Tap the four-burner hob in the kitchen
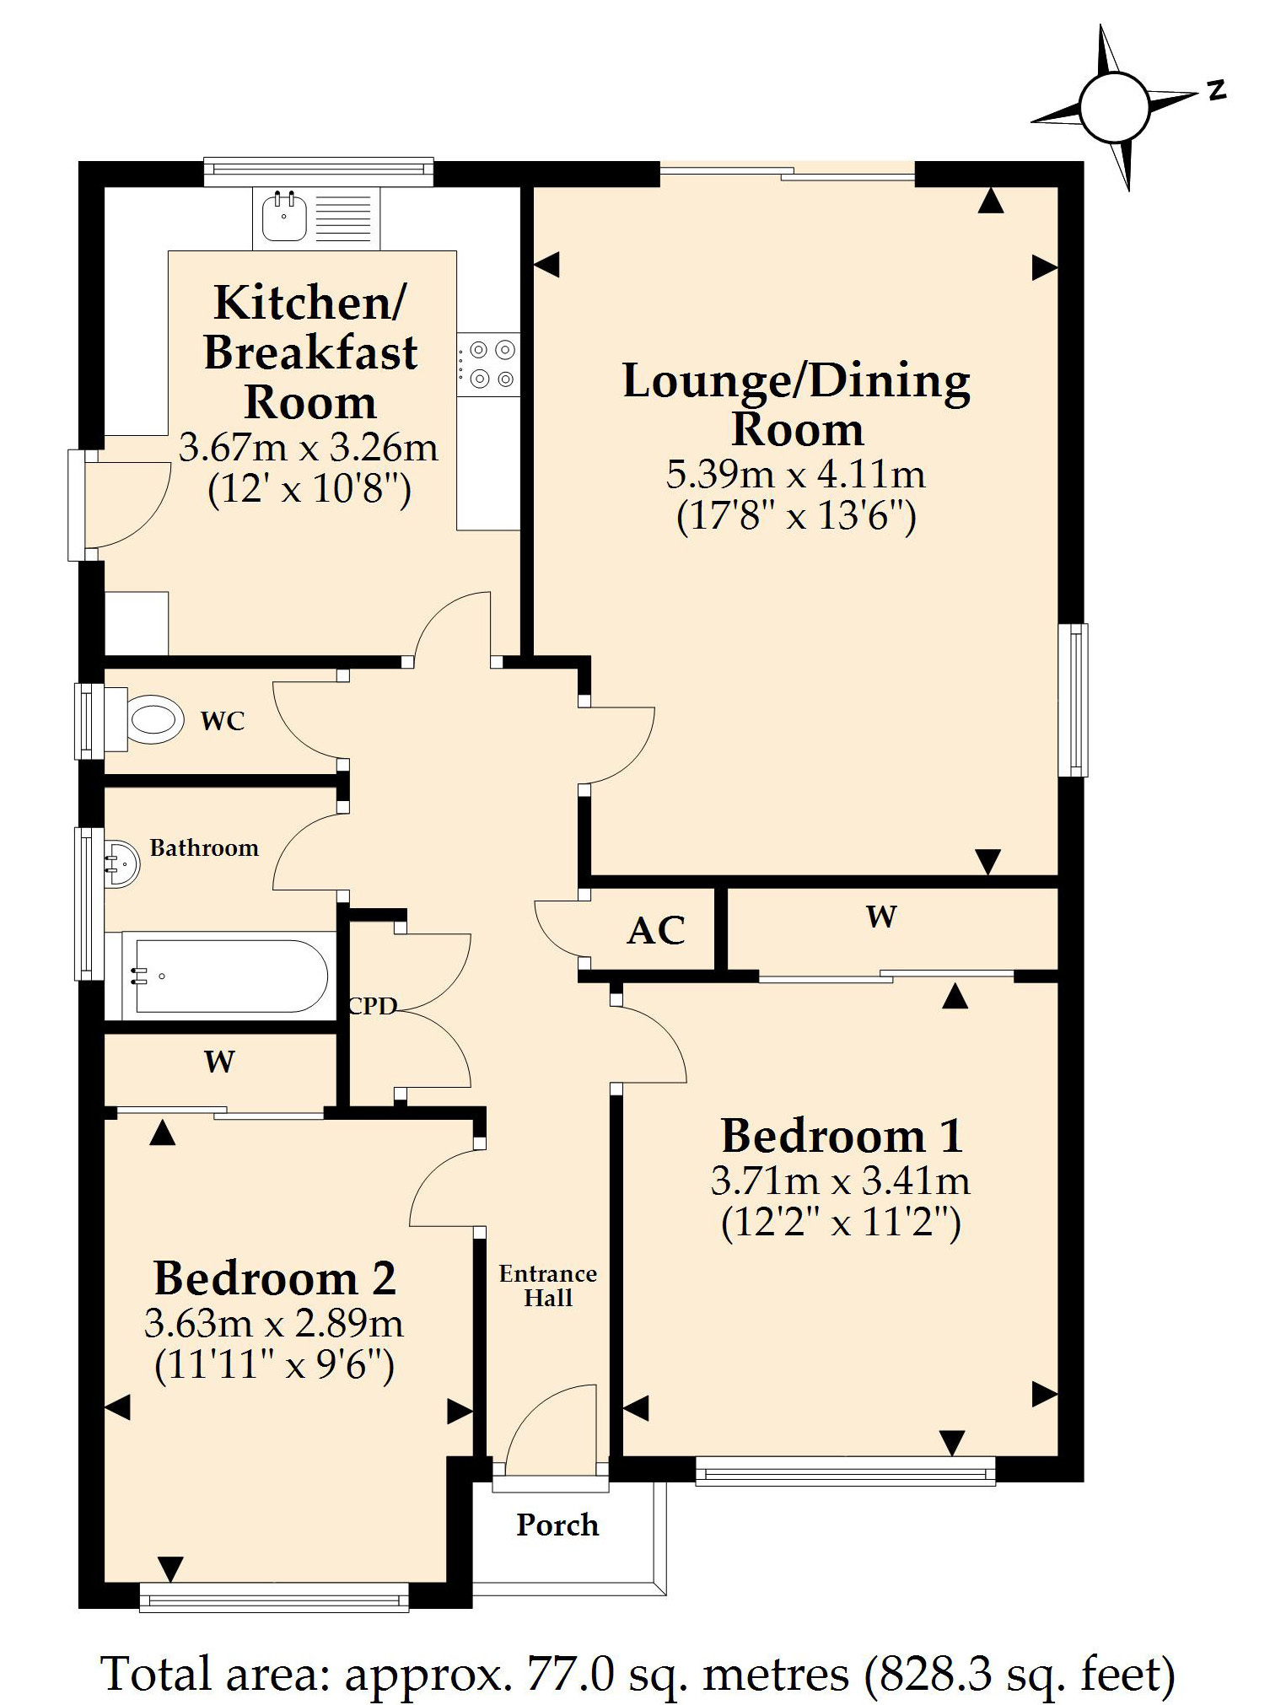click(489, 364)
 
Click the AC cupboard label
click(656, 931)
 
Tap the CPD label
click(372, 1006)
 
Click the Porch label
click(557, 1525)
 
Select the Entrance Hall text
click(548, 1286)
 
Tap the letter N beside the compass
click(1216, 89)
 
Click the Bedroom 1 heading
click(842, 1135)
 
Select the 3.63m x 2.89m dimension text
click(274, 1323)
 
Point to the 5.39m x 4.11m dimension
click(796, 474)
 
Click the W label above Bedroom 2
click(219, 1062)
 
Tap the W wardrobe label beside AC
click(881, 917)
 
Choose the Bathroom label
click(204, 847)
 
